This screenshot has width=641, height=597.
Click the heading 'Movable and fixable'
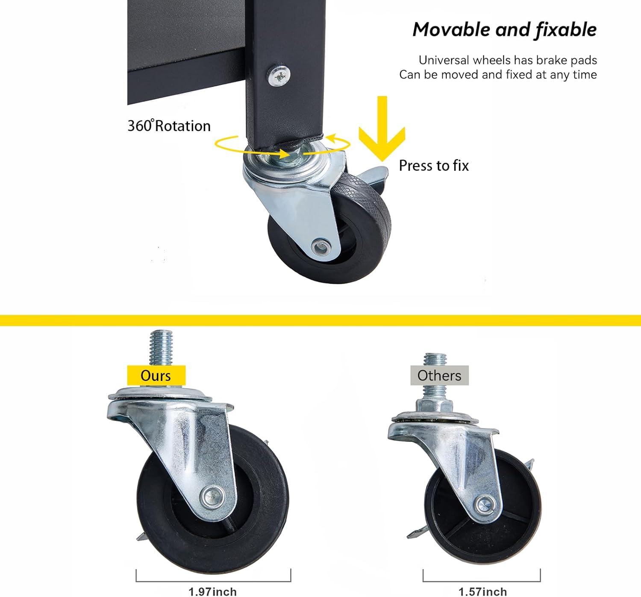(x=505, y=30)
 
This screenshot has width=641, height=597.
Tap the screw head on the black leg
(x=279, y=76)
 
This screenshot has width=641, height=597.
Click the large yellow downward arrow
(x=382, y=128)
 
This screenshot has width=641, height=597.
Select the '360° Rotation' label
(x=169, y=126)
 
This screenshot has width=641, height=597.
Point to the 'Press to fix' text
(x=434, y=166)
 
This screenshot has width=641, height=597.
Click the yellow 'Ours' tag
(x=156, y=375)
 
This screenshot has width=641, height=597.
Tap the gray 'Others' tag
(x=439, y=375)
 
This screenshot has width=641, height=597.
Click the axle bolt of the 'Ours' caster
(x=212, y=495)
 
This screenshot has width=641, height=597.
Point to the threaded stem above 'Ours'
(x=161, y=348)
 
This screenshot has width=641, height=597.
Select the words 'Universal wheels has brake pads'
(x=508, y=60)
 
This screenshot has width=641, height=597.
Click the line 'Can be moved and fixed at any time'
(x=498, y=75)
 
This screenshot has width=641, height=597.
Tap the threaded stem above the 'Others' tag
(x=435, y=360)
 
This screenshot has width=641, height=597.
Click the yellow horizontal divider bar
(x=320, y=320)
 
